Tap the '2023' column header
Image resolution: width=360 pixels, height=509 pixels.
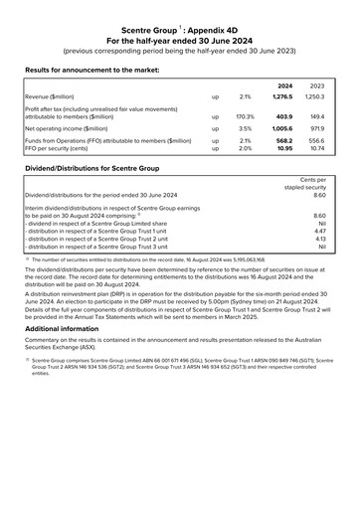[x=317, y=85]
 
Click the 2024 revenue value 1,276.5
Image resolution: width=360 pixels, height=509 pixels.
[x=282, y=96]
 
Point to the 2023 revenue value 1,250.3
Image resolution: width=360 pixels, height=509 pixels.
[x=315, y=96]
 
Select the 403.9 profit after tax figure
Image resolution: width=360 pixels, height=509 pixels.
[x=284, y=115]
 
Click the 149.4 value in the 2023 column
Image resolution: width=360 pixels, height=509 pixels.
[x=318, y=115]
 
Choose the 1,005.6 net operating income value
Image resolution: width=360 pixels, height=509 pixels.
[x=282, y=128]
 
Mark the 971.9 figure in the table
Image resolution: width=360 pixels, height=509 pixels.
[x=318, y=128]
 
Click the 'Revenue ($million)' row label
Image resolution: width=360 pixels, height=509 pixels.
[x=54, y=96]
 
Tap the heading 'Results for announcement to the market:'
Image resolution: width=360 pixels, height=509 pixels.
[x=98, y=71]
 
